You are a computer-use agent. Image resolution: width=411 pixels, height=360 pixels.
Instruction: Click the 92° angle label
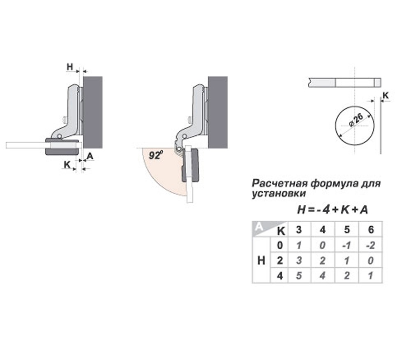[x=155, y=156]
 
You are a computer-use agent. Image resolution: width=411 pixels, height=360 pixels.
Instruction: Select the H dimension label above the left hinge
[x=70, y=66]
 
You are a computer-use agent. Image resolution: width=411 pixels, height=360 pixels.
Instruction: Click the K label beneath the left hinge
[x=67, y=164]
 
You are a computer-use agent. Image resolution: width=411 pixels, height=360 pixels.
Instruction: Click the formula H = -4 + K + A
[x=332, y=209]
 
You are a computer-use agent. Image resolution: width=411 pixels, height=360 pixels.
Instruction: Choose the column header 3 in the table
[x=299, y=230]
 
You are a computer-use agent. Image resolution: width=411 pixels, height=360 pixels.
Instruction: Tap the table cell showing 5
[x=299, y=276]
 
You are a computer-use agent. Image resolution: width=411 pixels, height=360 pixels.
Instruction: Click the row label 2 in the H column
[x=280, y=260]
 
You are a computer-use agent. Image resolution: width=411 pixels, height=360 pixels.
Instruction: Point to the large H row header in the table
[x=261, y=260]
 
